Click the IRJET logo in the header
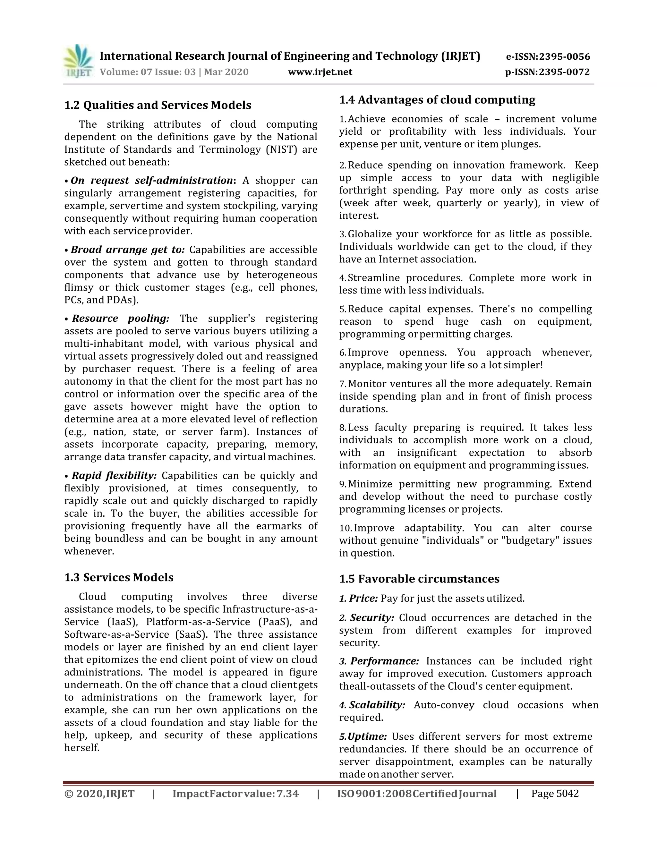78,62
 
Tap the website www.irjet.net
320,72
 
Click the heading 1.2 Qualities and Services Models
158,105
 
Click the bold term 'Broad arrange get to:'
128,250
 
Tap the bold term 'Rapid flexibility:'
114,476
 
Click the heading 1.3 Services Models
119,577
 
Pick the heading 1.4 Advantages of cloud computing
437,100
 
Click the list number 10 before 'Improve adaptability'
345,528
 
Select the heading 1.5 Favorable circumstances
419,579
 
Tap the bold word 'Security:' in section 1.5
372,618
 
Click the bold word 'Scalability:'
377,705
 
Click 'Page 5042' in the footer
555,793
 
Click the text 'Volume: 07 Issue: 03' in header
148,72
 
